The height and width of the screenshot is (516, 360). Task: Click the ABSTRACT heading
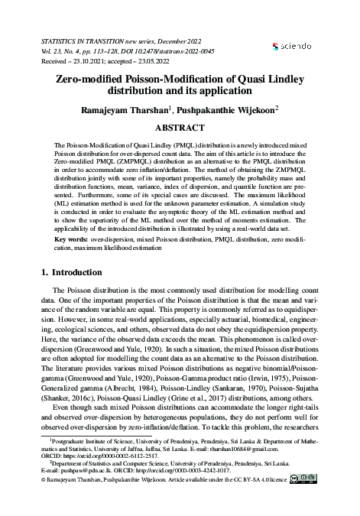(181, 128)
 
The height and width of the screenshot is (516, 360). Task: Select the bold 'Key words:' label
(71, 239)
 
